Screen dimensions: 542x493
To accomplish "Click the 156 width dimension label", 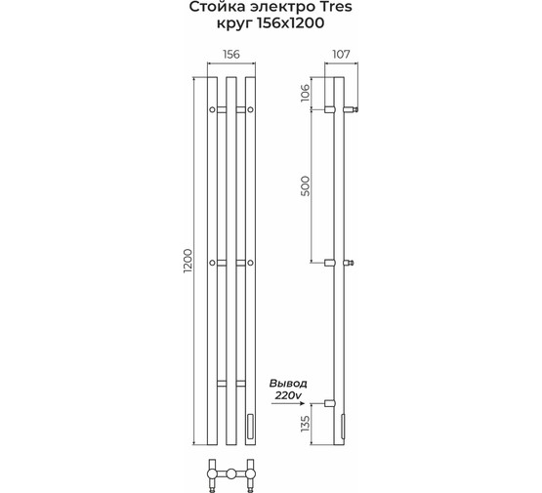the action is point(230,55).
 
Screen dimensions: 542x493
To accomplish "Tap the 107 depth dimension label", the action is point(341,55).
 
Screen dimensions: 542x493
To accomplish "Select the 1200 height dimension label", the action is point(188,261).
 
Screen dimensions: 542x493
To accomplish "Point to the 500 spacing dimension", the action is point(306,185).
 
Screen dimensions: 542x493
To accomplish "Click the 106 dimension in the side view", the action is point(306,93).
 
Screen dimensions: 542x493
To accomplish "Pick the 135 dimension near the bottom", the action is point(306,424).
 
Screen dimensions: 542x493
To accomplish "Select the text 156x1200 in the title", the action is point(291,23).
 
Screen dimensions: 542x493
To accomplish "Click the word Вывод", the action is point(288,384).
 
